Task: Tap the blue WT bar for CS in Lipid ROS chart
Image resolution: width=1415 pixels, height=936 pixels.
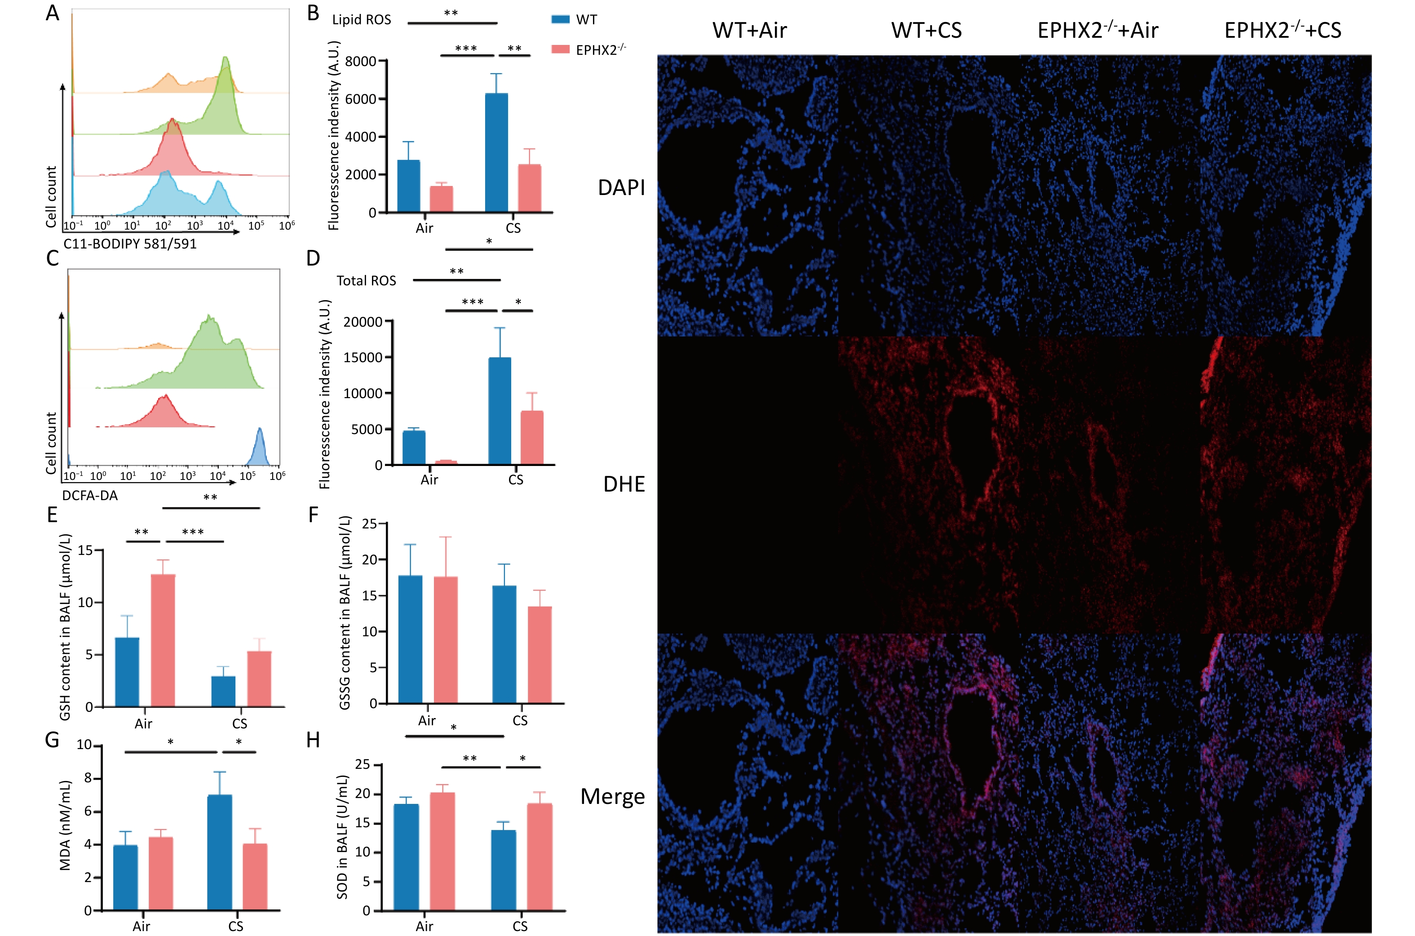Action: click(496, 153)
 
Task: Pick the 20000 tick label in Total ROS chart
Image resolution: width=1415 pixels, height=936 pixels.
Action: click(362, 322)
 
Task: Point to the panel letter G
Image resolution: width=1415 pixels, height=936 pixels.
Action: click(52, 740)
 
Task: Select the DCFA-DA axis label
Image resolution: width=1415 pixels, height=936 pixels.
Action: click(89, 496)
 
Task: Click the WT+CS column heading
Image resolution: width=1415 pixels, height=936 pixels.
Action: click(926, 30)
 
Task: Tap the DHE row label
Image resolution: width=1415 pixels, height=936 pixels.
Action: click(623, 484)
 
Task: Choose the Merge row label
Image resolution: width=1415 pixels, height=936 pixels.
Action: click(612, 796)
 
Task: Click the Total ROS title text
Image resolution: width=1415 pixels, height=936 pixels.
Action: click(366, 280)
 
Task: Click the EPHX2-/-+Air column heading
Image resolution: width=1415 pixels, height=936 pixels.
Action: click(1097, 30)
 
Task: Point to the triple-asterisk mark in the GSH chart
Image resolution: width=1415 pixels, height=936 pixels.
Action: click(193, 531)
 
